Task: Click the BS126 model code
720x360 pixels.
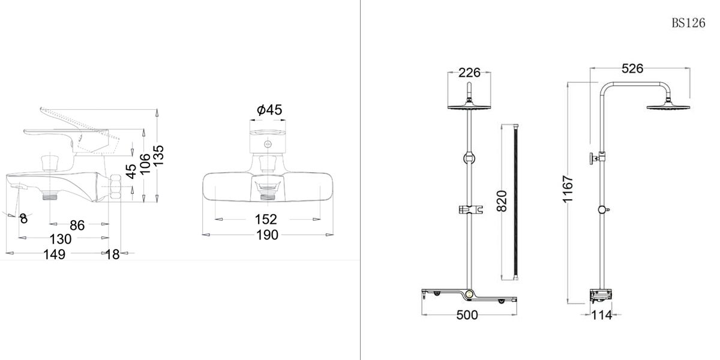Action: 688,23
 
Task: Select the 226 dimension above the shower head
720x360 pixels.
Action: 469,73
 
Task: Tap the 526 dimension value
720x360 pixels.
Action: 632,68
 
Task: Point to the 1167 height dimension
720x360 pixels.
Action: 568,189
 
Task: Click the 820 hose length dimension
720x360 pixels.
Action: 502,201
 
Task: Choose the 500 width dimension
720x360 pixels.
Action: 467,315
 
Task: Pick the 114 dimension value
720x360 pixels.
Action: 602,316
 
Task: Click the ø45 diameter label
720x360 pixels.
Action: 269,110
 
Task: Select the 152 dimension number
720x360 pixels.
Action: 266,220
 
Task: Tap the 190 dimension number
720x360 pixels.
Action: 267,235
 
